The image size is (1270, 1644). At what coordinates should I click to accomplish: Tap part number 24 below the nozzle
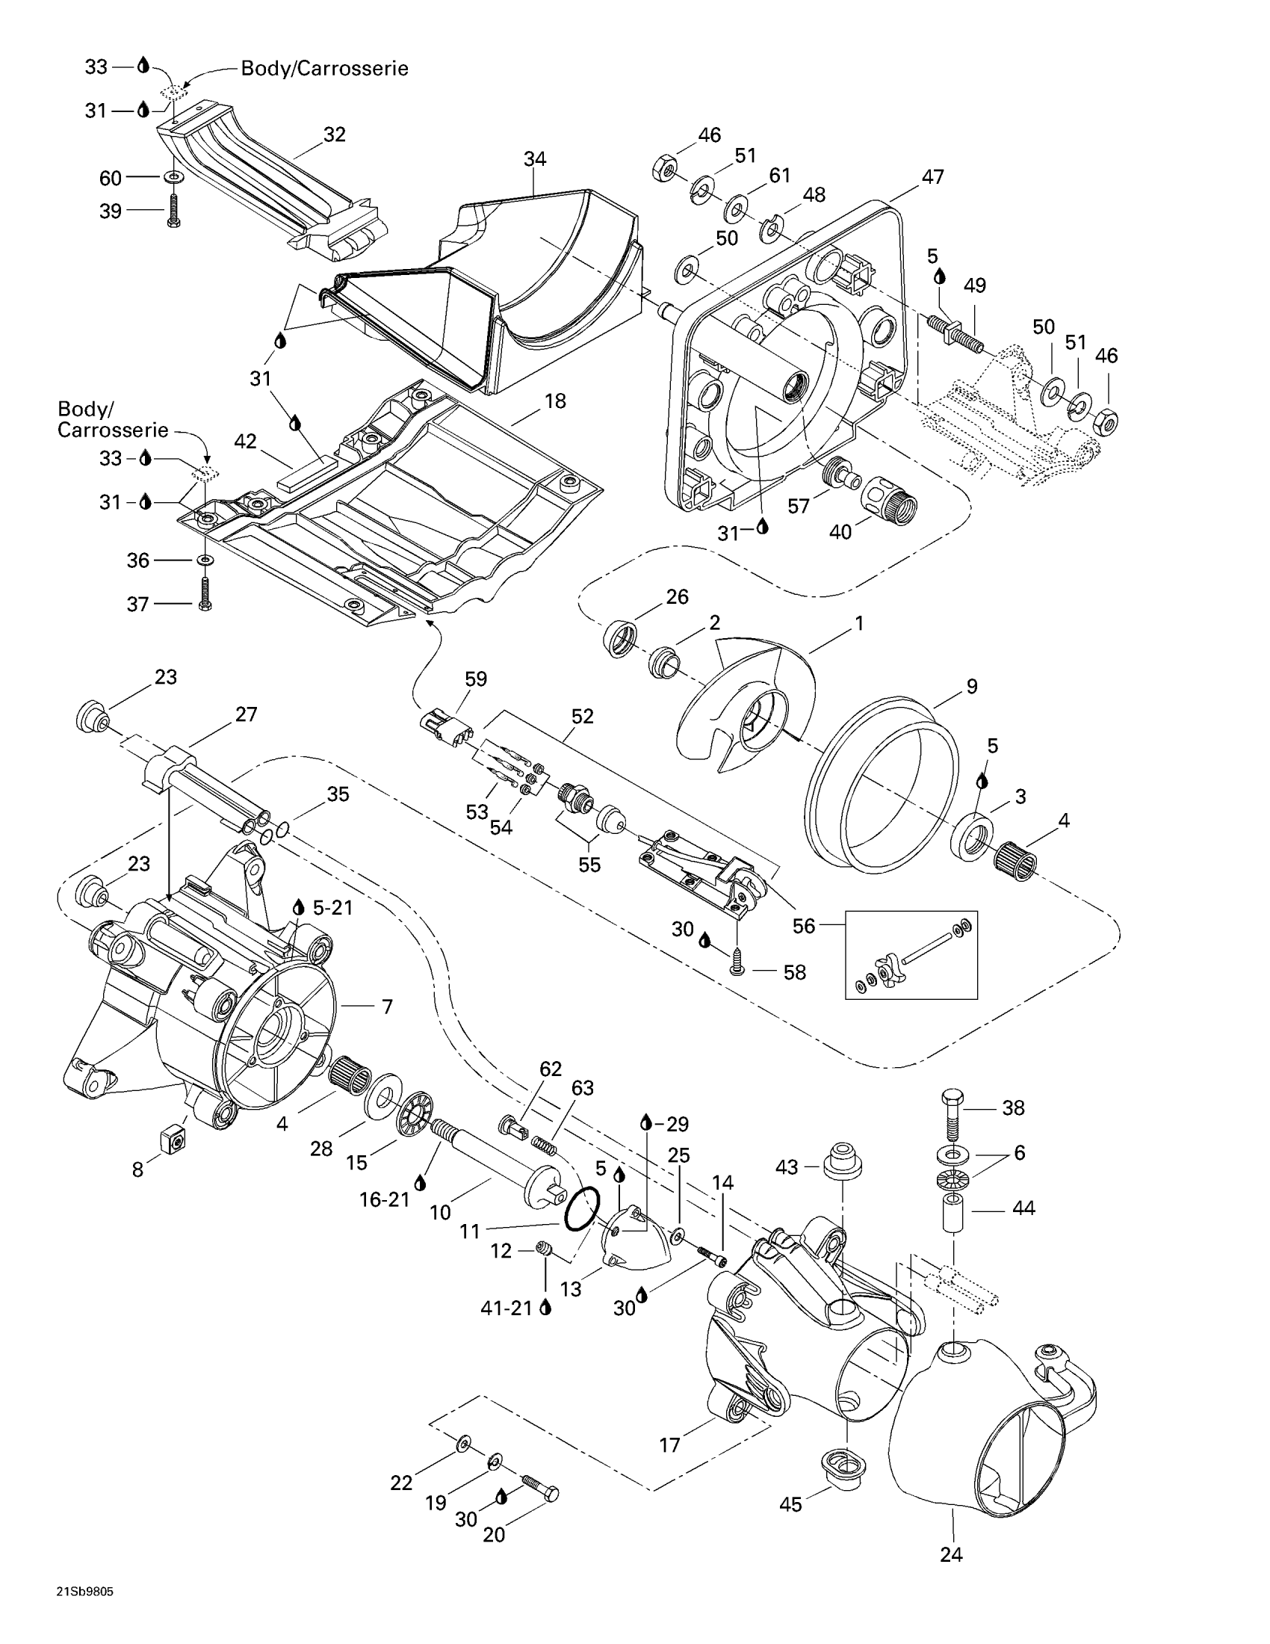[951, 1554]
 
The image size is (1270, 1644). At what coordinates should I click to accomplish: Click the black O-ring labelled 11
[583, 1210]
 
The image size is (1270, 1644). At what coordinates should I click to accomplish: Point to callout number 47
[932, 176]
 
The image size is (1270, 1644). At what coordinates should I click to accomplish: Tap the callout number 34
[535, 159]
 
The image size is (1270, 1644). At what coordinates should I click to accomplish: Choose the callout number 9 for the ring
[971, 686]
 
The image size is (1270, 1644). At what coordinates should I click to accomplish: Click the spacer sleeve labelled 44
[952, 1211]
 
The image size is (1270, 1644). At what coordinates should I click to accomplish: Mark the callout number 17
[669, 1444]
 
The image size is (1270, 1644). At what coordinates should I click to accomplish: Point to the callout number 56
[804, 925]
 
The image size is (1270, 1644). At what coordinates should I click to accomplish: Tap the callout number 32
[334, 134]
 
